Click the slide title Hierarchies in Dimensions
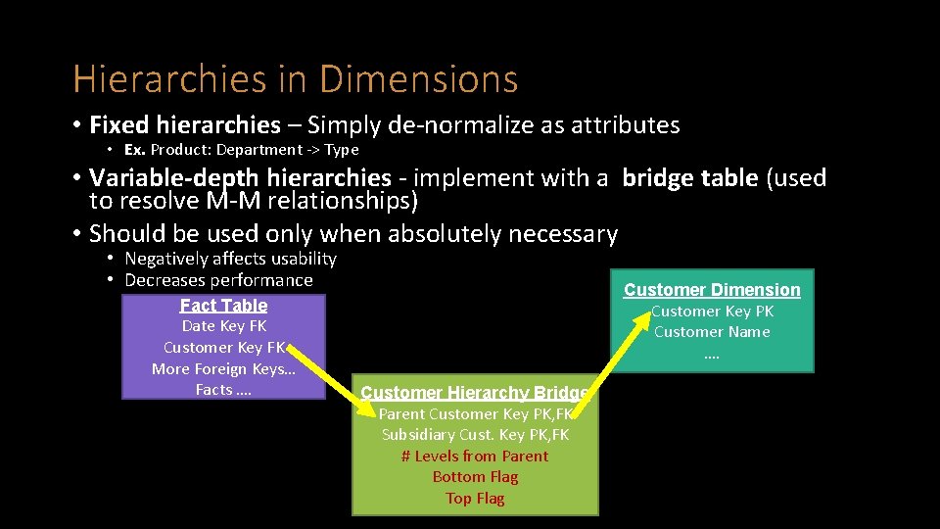click(x=295, y=78)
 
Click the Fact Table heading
click(x=223, y=306)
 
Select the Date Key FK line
click(x=223, y=326)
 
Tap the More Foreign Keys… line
click(x=223, y=368)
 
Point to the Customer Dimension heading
click(x=712, y=290)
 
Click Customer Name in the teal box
click(x=712, y=332)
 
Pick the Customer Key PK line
click(x=712, y=312)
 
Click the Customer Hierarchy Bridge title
click(x=474, y=393)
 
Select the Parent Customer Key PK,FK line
click(x=475, y=414)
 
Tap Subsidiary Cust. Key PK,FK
click(x=475, y=435)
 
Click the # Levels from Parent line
click(x=475, y=457)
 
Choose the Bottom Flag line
click(x=475, y=477)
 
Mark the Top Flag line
click(x=475, y=499)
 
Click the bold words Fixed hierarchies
click(x=184, y=125)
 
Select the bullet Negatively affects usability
click(x=230, y=259)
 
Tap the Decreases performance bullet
click(x=218, y=280)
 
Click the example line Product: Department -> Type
click(x=241, y=150)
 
